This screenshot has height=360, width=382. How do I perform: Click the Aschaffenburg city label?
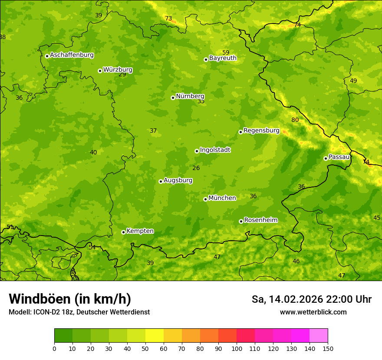coord(72,55)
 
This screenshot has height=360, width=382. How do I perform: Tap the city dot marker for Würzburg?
coord(100,71)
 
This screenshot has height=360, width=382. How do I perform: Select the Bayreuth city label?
coord(223,58)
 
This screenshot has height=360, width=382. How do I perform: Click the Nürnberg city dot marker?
coord(173,98)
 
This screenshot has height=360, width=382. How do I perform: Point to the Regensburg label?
coord(261,131)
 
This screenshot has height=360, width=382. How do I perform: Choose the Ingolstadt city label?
coord(215,150)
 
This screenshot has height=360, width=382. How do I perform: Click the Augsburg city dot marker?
coord(161,181)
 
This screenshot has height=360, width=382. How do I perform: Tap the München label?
coord(222,198)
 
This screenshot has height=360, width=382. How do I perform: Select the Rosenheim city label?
coord(260,220)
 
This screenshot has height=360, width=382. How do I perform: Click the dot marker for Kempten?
coord(123,232)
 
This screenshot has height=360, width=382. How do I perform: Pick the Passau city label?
coord(339,157)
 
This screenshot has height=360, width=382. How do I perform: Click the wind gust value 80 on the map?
coord(295,120)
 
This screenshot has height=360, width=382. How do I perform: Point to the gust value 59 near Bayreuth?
coord(226,52)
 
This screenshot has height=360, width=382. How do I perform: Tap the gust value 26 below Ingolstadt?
coord(196,168)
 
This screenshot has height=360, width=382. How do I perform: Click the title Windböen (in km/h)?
coord(70,299)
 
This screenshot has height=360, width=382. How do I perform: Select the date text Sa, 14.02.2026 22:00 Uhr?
coord(311,299)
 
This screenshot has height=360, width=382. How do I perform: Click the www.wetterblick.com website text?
coord(313,312)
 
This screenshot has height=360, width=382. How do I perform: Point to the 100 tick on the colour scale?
coord(237,349)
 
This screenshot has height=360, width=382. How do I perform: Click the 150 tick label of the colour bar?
coord(328,349)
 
